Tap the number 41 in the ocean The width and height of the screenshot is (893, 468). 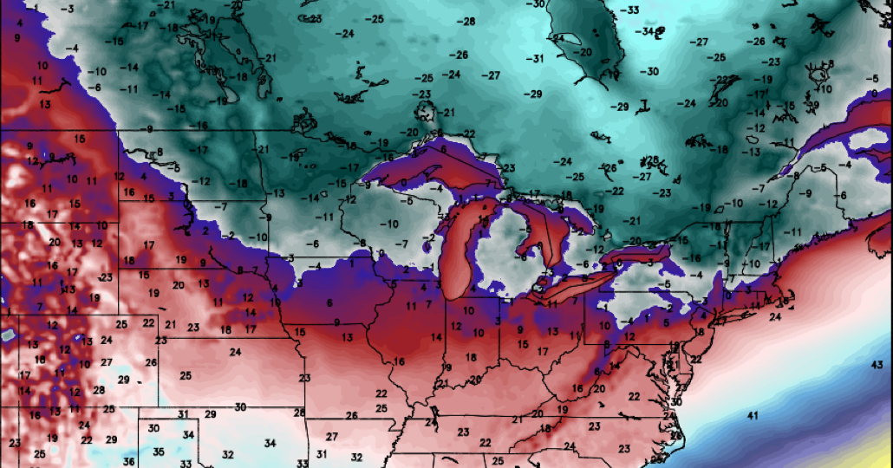point(752,416)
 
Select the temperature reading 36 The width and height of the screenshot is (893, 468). point(128,460)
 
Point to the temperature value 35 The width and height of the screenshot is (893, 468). point(158,452)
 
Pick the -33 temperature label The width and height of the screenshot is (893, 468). point(630,10)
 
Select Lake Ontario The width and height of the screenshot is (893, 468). point(639,256)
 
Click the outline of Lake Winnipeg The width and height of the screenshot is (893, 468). point(232,52)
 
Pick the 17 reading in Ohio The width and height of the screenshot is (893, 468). point(542,351)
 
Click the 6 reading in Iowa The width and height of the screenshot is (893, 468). point(329,302)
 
